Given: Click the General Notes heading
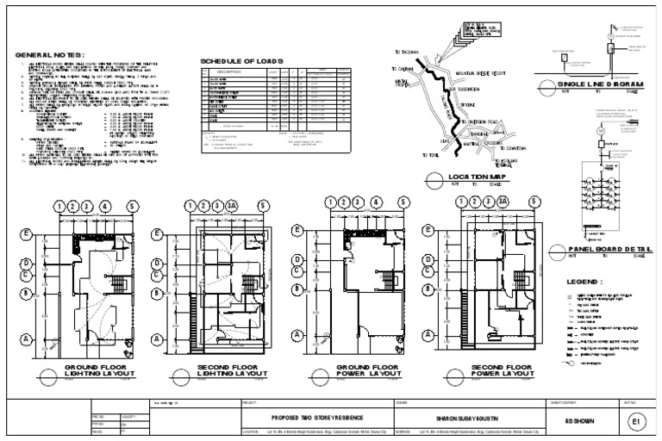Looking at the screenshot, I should point(50,56).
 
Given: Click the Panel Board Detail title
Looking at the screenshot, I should point(602,248).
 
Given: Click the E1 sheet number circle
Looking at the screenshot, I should point(636,422).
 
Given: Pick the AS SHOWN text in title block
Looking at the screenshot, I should point(576,422).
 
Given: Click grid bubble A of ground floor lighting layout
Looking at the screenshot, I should point(25,339).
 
